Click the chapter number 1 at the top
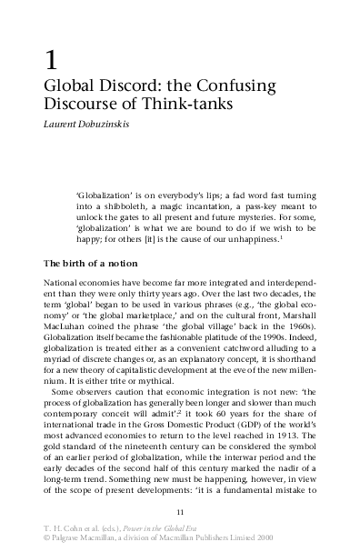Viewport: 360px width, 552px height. [52, 63]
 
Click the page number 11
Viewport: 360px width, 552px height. [179, 512]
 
